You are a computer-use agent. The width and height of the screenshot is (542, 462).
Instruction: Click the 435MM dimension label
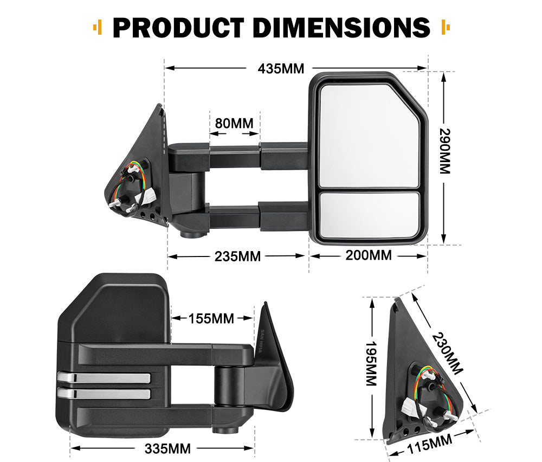point(281,69)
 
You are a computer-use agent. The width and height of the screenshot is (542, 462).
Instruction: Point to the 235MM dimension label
point(237,255)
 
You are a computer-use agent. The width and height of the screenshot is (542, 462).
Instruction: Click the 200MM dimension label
point(369,255)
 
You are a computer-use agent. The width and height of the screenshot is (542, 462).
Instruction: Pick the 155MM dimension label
point(211,318)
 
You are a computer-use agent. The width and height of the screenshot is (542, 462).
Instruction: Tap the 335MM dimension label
point(167,448)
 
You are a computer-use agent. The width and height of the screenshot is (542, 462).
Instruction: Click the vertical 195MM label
point(371,363)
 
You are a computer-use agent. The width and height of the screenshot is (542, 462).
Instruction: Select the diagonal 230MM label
point(448,353)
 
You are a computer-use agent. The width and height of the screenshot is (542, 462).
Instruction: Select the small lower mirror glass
point(369,214)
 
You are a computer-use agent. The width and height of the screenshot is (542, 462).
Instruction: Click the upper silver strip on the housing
point(103,378)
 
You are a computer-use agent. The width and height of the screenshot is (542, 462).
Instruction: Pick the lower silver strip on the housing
point(103,394)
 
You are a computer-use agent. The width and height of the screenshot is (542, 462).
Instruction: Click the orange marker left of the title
point(98,27)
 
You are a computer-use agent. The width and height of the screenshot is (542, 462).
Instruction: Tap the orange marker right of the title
point(446,27)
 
